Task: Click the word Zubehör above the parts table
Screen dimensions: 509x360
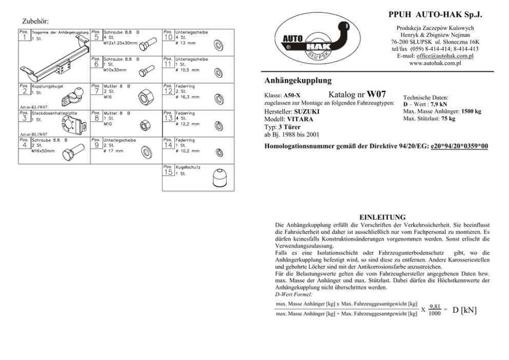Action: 35,22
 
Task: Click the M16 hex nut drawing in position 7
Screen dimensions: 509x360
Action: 144,96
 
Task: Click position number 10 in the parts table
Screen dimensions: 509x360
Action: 168,37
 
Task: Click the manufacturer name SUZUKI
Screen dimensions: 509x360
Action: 306,111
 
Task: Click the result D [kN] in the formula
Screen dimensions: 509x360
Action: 465,310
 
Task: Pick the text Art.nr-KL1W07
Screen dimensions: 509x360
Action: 32,107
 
